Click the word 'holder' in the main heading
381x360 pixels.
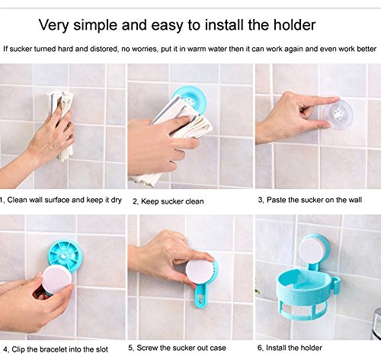click(294, 25)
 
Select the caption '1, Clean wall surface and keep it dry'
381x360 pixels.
click(61, 200)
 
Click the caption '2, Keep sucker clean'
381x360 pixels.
click(168, 201)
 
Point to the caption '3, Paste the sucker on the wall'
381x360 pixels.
click(310, 200)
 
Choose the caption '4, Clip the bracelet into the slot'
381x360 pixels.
click(56, 349)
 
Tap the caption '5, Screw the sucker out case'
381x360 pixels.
click(177, 348)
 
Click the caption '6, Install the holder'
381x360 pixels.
click(290, 348)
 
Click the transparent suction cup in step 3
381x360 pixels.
click(338, 115)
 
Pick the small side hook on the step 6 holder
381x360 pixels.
click(336, 284)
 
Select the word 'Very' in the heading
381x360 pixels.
click(53, 25)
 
